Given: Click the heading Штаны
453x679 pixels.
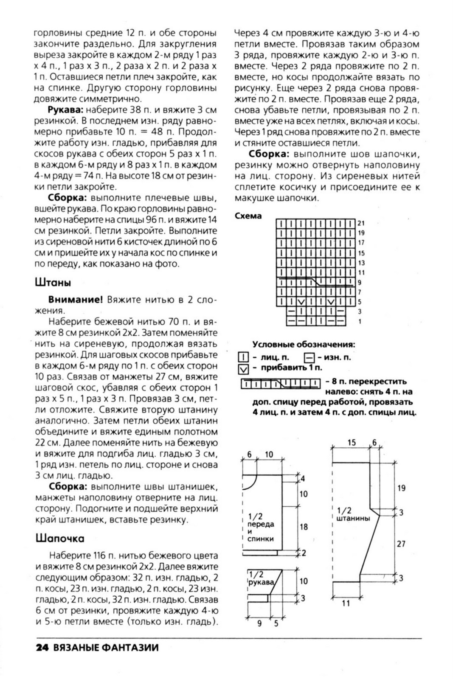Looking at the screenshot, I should click(x=53, y=283).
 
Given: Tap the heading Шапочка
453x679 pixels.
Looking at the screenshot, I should click(x=60, y=538).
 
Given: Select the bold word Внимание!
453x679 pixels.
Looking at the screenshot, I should click(x=76, y=300).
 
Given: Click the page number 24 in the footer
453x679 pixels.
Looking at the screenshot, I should click(x=43, y=648).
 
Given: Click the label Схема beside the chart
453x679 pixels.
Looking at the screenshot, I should click(x=248, y=216).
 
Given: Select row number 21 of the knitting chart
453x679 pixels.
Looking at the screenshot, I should click(x=361, y=223).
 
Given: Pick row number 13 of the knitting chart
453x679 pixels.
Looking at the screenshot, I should click(x=361, y=263).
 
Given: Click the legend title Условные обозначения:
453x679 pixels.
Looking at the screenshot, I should click(x=304, y=345).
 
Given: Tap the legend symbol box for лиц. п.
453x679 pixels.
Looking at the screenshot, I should click(x=243, y=358).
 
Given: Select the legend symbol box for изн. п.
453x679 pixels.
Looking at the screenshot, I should click(x=310, y=358).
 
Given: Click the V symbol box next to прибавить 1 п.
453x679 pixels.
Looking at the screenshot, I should click(x=243, y=369).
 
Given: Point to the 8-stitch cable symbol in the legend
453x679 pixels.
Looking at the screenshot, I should click(x=281, y=384).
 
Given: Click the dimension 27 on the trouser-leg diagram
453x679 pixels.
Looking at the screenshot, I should click(x=401, y=543).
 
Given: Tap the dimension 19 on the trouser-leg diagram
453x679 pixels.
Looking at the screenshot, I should click(x=401, y=488).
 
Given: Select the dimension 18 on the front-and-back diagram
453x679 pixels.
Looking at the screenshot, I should click(x=304, y=527).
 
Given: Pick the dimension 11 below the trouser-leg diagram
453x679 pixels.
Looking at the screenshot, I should click(x=346, y=603).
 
